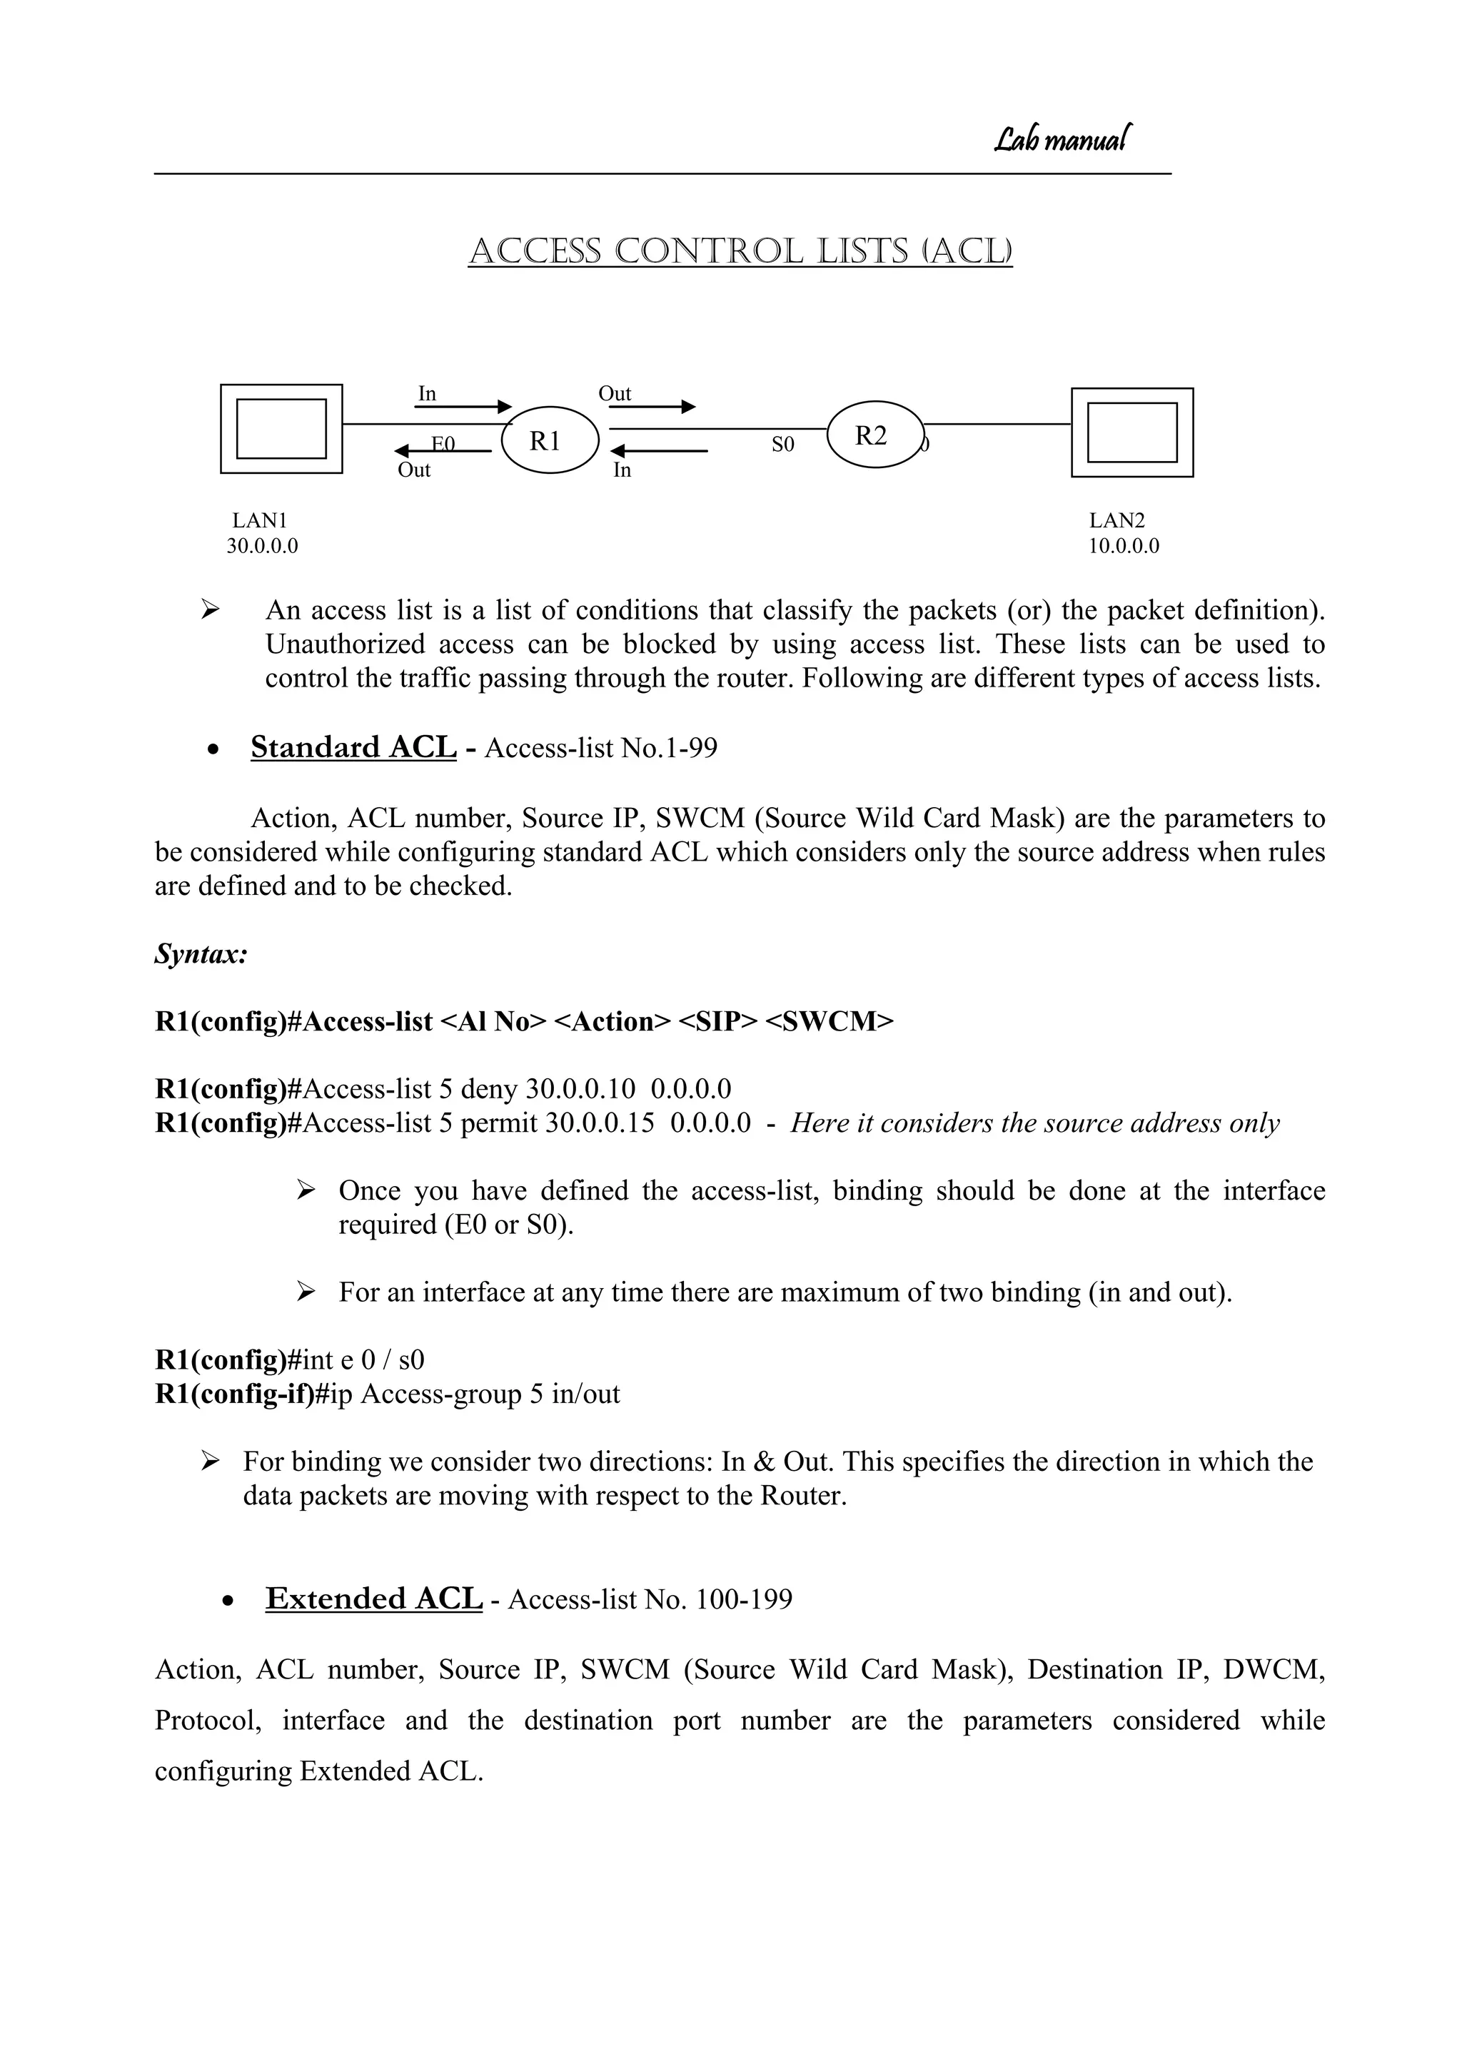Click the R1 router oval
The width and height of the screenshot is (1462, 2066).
coord(549,441)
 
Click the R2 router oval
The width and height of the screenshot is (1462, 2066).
coord(874,435)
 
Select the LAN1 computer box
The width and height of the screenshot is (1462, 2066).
coord(281,429)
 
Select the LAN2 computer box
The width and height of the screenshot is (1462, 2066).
coord(1131,432)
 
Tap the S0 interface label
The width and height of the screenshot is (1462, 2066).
coord(782,445)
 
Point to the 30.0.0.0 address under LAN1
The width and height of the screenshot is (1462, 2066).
coord(262,546)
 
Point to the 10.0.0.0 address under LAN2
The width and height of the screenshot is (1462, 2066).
coord(1124,546)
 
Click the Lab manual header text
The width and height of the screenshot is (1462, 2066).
coord(1062,139)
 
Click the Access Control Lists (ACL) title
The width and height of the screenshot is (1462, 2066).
coord(740,251)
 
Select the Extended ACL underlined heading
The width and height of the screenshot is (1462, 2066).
coord(373,1599)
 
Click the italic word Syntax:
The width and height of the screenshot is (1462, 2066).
coord(201,954)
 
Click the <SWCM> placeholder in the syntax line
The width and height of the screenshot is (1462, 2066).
coord(828,1022)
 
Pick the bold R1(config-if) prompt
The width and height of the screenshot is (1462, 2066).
coord(235,1394)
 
